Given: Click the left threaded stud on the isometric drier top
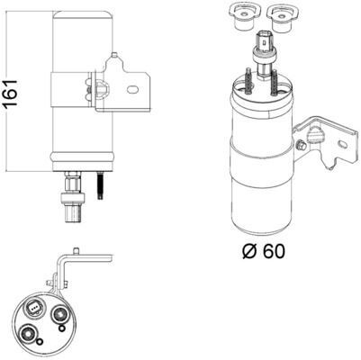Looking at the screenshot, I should pyautogui.click(x=245, y=82).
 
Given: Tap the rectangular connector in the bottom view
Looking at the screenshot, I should pyautogui.click(x=34, y=310).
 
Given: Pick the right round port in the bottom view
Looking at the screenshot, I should pyautogui.click(x=59, y=315).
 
